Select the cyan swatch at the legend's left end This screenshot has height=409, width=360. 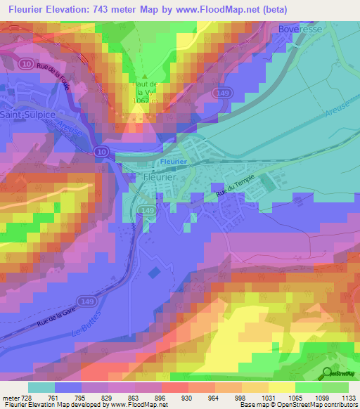(x=41, y=387)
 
